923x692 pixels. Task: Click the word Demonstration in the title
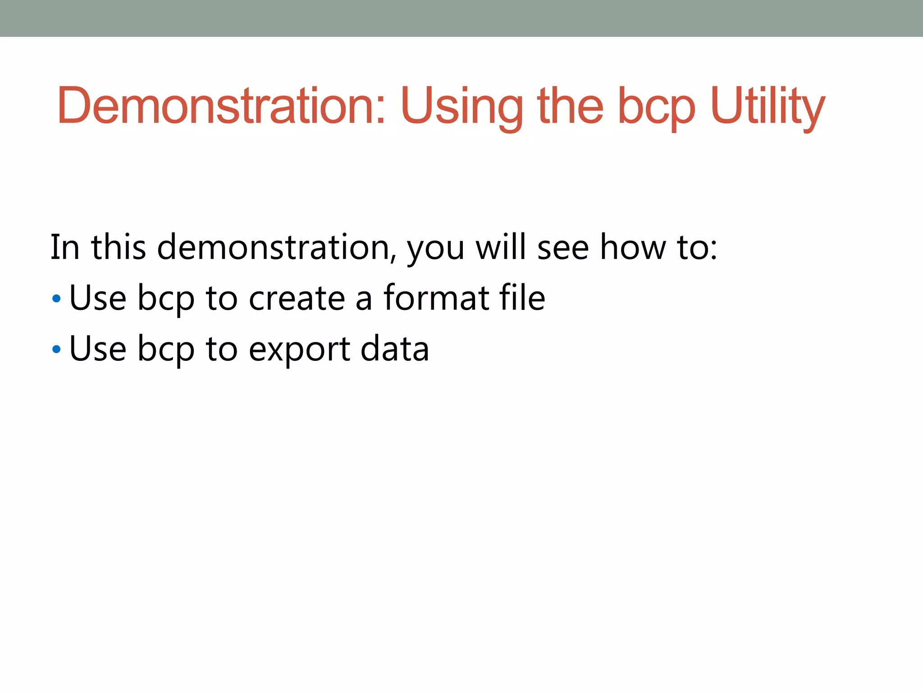(221, 105)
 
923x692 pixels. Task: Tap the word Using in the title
(462, 105)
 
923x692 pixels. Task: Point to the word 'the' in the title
(570, 105)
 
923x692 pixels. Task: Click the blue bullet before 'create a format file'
(56, 298)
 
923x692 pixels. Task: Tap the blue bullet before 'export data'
(56, 349)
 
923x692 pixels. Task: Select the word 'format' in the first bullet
(436, 298)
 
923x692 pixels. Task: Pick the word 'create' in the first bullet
(297, 298)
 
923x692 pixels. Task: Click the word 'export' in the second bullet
(299, 349)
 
